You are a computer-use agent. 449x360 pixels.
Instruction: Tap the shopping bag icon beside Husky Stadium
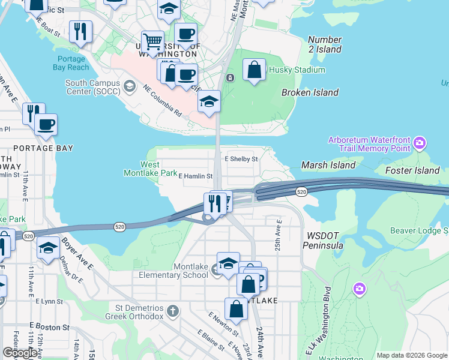(255, 70)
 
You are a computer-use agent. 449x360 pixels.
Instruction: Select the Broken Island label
(310, 92)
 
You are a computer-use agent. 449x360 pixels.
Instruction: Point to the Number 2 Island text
(325, 44)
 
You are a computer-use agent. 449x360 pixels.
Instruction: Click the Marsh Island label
(328, 165)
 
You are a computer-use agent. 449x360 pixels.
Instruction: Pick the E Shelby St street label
(241, 159)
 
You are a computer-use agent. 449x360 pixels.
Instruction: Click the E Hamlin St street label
(196, 176)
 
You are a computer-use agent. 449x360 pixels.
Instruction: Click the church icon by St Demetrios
(173, 311)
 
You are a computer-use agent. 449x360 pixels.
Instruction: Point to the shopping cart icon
(152, 41)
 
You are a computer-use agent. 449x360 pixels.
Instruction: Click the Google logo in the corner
(20, 353)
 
